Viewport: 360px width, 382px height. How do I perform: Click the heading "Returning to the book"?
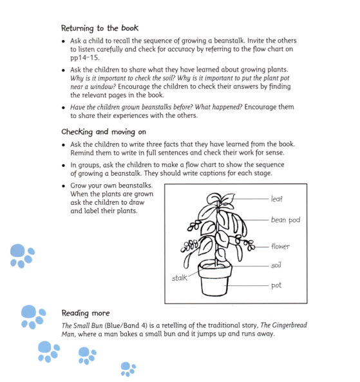pos(99,28)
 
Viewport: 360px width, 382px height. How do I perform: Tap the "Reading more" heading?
pos(86,313)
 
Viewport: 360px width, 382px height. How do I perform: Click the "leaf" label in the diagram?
pos(278,199)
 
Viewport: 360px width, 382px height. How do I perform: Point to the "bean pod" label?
pos(285,220)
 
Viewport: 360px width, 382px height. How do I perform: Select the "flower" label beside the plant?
pos(280,247)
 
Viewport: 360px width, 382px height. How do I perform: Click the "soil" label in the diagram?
pos(276,265)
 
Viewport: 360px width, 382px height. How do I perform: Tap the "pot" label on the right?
pos(276,285)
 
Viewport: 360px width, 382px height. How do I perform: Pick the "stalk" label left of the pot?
pos(179,278)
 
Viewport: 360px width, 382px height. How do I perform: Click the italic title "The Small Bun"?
pos(84,325)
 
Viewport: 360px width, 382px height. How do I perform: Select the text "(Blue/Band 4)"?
pos(130,325)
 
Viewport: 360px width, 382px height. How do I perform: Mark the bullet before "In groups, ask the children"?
pos(63,165)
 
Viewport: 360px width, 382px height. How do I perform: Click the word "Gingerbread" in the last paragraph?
pos(303,325)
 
